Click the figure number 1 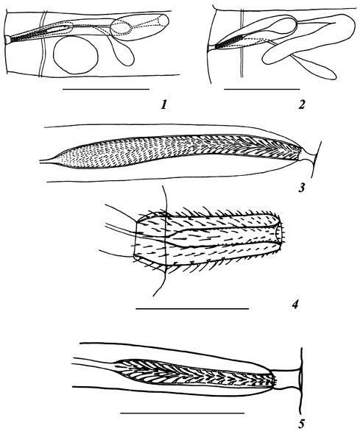point(165,104)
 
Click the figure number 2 point(302,104)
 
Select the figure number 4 point(294,305)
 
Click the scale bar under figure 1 point(106,89)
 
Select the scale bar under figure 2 point(262,89)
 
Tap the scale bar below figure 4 point(192,308)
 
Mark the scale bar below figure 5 point(183,413)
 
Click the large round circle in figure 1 point(76,55)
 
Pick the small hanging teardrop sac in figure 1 point(124,55)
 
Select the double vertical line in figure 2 point(242,43)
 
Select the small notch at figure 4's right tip point(280,234)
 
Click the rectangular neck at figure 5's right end point(285,380)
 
